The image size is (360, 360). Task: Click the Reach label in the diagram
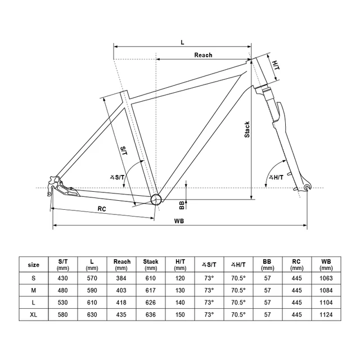[x=203, y=55]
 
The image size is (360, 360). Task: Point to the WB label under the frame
[x=179, y=221]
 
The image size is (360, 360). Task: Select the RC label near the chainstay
[x=102, y=208]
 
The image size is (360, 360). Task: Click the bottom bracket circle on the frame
[x=156, y=199]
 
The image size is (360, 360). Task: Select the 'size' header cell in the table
[x=34, y=264]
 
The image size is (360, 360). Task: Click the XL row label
[x=34, y=314]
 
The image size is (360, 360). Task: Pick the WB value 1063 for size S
[x=326, y=278]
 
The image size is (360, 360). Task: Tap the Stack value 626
[x=151, y=303]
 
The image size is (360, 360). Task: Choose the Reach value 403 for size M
[x=121, y=290]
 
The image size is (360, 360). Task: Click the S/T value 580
[x=63, y=314]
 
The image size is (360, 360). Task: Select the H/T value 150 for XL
[x=180, y=314]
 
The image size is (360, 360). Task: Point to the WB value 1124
[x=326, y=314]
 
